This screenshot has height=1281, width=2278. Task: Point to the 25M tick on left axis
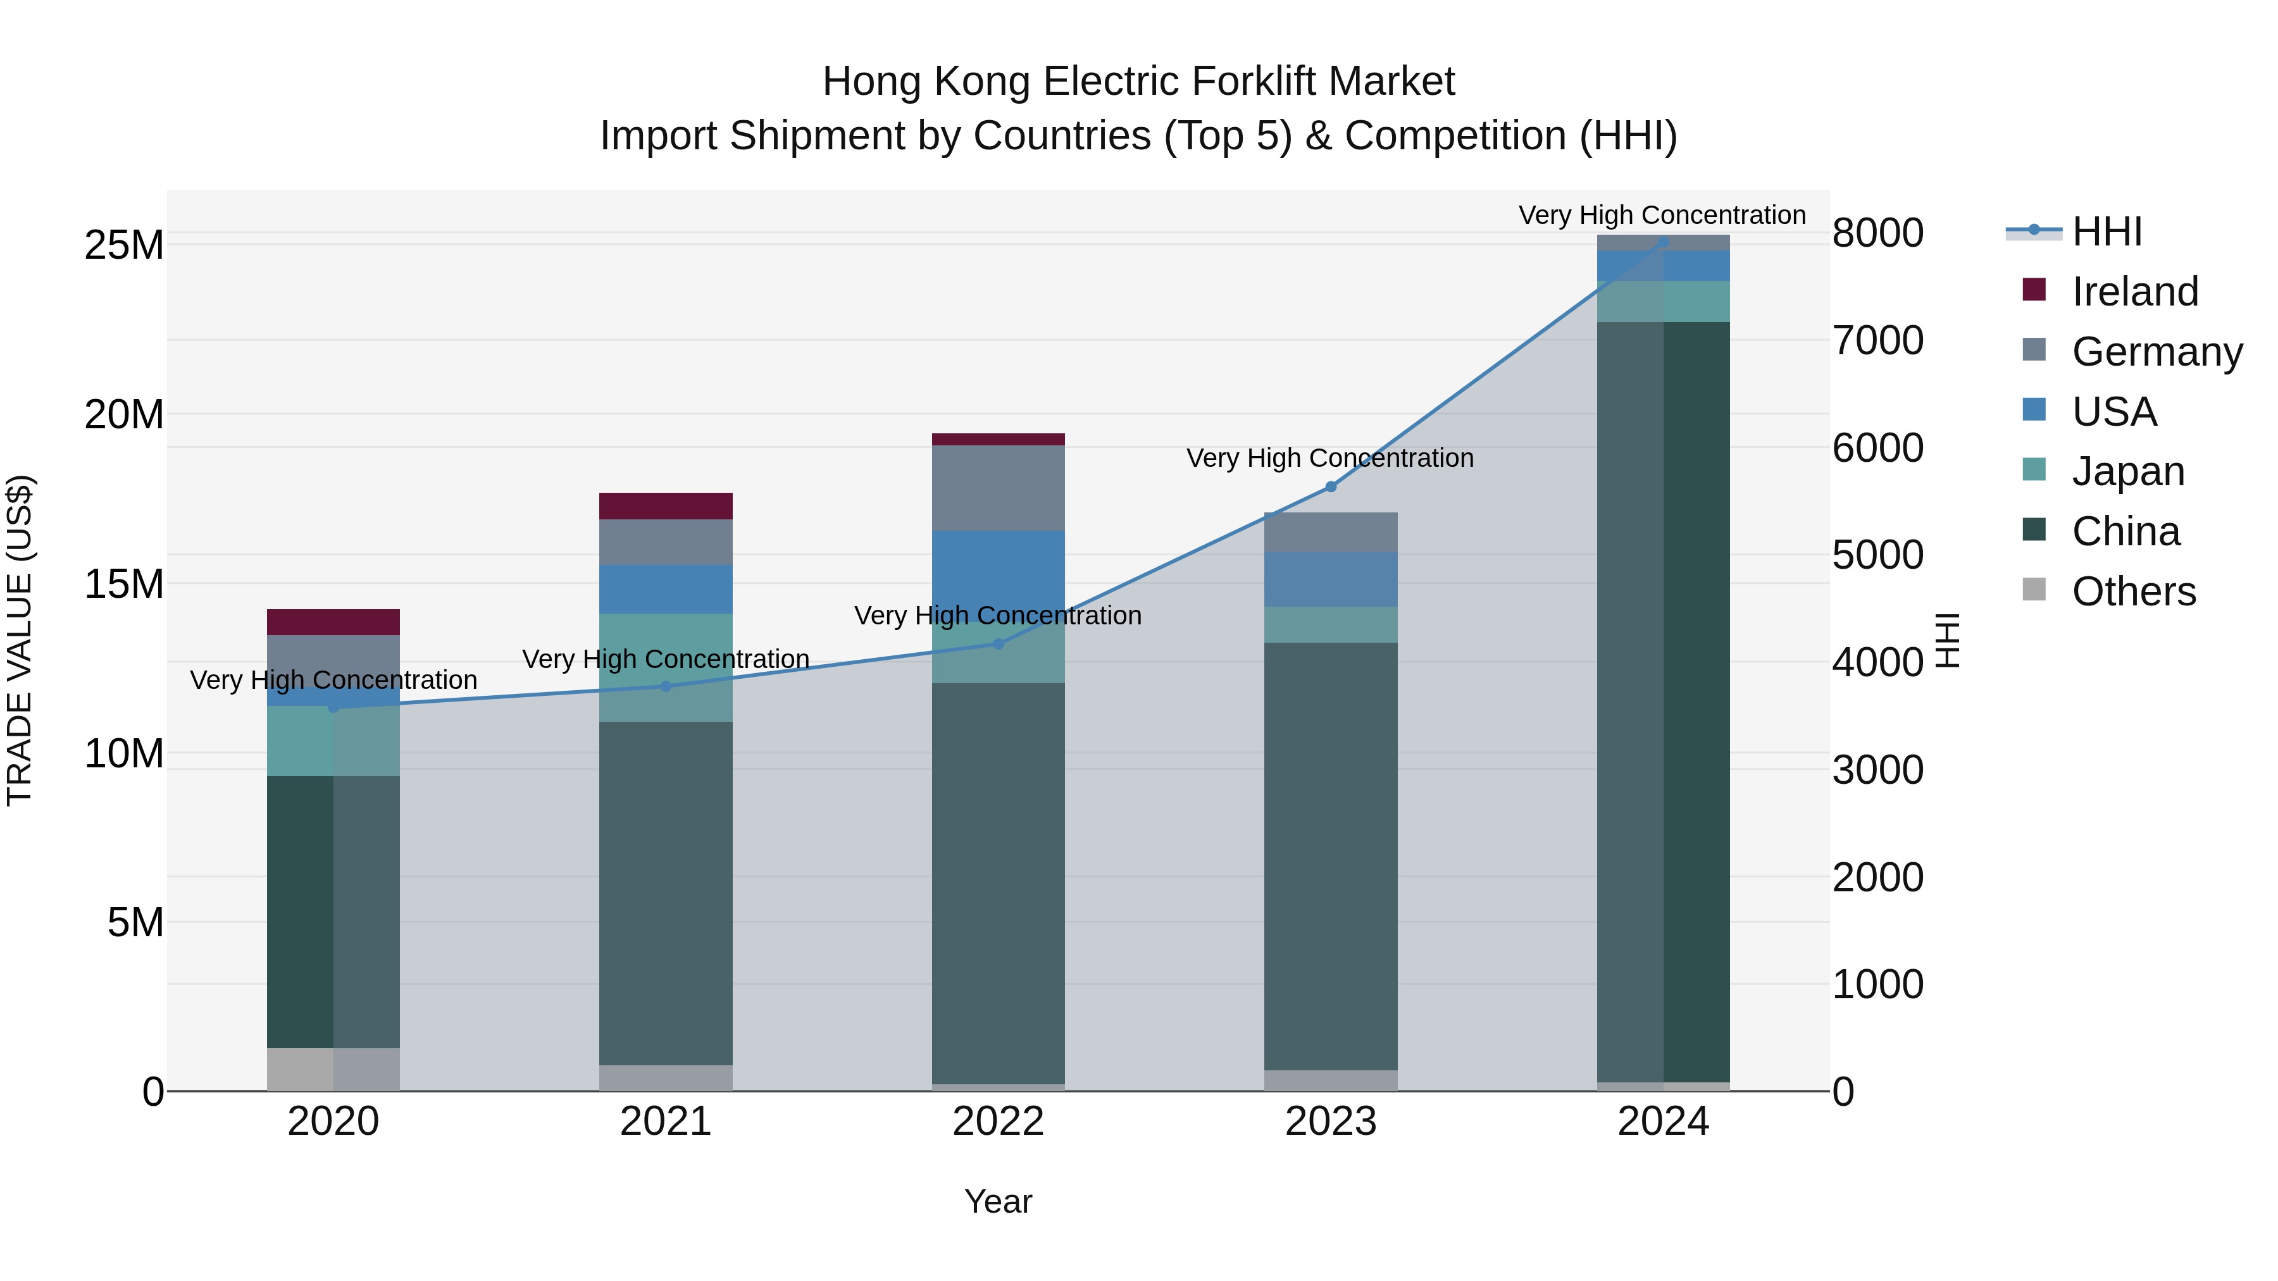pos(124,245)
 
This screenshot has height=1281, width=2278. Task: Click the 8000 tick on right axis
pos(1877,233)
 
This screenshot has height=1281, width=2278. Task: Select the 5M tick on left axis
pos(135,923)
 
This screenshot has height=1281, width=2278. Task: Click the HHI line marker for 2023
pos(1330,486)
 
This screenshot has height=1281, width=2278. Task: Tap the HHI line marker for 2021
pos(666,686)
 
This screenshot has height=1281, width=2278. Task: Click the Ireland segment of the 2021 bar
pos(666,505)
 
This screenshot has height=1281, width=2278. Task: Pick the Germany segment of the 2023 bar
pos(1330,531)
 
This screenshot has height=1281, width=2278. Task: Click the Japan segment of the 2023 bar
pos(1330,624)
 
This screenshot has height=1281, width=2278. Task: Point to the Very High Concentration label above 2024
pos(1662,215)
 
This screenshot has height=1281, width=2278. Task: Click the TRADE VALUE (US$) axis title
pos(20,640)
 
